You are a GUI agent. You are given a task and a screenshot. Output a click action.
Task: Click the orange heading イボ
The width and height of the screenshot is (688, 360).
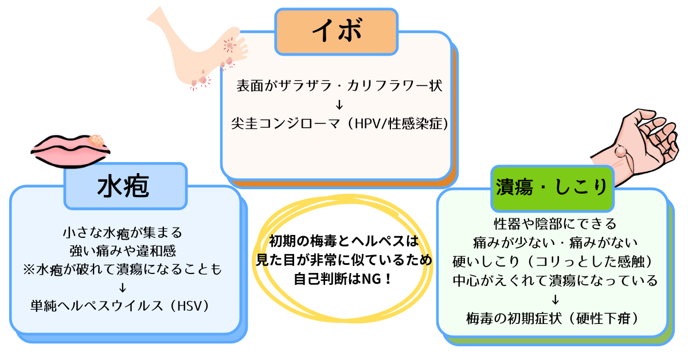pos(337,32)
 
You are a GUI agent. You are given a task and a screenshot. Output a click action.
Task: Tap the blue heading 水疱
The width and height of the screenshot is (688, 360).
pos(125,186)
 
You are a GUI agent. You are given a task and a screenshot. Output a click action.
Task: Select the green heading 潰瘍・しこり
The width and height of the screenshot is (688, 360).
pos(552,187)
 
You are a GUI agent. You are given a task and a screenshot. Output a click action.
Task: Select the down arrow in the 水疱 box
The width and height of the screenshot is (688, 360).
pos(122,287)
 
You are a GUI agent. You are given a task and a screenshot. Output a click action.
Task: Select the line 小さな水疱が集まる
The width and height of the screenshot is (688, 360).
pos(122,233)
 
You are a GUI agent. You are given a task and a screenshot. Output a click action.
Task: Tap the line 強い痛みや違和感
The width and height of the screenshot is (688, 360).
pos(122,251)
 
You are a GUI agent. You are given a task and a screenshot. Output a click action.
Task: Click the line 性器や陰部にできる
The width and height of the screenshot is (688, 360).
pos(554,222)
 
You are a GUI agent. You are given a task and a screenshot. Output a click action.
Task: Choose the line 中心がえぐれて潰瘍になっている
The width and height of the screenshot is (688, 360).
pos(554,280)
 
